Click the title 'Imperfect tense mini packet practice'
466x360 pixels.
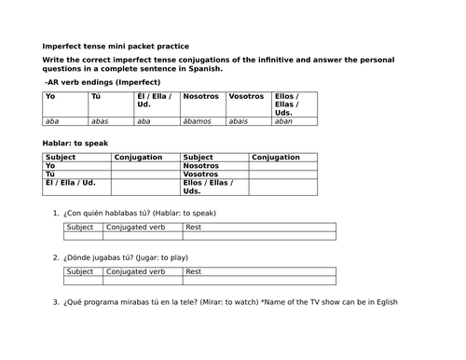coord(116,46)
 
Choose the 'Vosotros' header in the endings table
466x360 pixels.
coord(247,96)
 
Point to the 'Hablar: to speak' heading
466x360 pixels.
coord(75,143)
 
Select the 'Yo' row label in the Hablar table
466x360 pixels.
coord(50,165)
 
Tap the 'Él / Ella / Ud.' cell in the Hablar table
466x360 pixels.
coord(75,183)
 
